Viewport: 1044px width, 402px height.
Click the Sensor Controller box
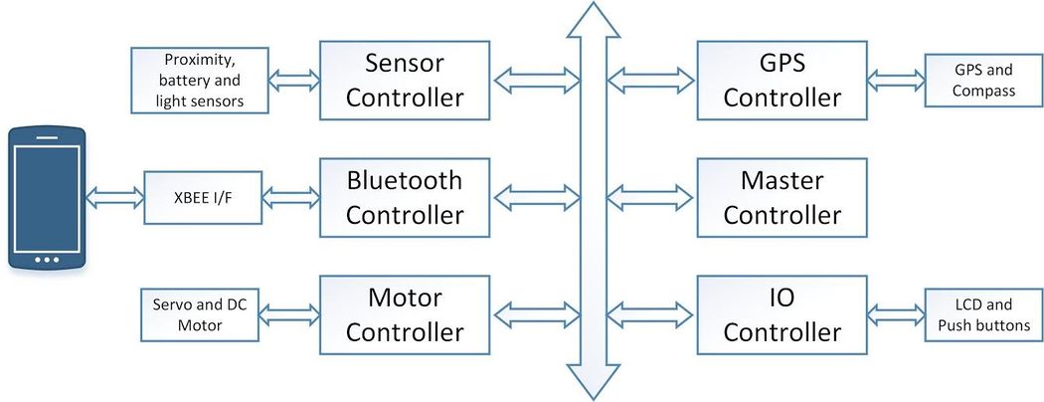(405, 81)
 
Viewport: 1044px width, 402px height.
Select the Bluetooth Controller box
(405, 197)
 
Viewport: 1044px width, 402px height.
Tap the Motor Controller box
(405, 314)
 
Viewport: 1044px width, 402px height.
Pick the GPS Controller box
(782, 81)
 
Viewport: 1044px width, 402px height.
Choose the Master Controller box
(782, 197)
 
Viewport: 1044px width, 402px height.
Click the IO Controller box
(782, 314)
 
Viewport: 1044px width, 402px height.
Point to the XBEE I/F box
(203, 197)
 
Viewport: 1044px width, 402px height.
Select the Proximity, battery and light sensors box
(200, 81)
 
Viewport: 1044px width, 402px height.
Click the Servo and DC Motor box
(200, 314)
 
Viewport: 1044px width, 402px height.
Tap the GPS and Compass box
(984, 81)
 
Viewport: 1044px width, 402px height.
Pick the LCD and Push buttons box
(984, 314)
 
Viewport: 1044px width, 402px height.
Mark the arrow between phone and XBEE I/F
(114, 197)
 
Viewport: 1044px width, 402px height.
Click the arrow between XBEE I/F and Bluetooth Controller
(291, 197)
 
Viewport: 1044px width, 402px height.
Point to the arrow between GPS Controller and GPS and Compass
(896, 81)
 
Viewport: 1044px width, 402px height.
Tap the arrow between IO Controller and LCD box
(896, 314)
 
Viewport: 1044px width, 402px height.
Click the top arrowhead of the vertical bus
(593, 19)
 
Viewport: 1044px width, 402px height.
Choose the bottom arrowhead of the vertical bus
(593, 382)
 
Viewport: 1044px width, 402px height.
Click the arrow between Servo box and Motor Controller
(289, 314)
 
